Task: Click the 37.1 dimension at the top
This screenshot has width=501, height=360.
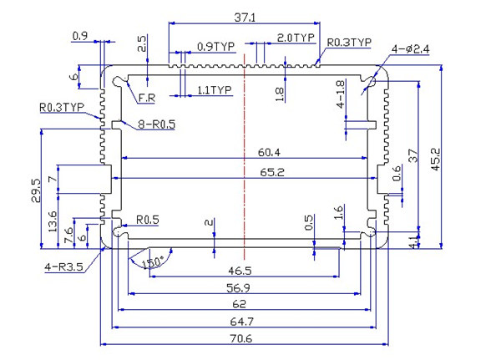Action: tap(245, 17)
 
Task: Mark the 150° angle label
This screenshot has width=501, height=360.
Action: tap(152, 262)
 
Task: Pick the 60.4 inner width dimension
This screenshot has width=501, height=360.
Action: tap(270, 152)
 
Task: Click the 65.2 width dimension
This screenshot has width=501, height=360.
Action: tap(270, 173)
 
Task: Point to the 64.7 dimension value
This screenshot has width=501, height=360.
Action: tap(245, 321)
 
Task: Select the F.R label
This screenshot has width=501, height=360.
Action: tap(147, 99)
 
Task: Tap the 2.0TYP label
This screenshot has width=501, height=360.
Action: tap(295, 38)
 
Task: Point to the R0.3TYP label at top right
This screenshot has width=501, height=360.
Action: tap(349, 42)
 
